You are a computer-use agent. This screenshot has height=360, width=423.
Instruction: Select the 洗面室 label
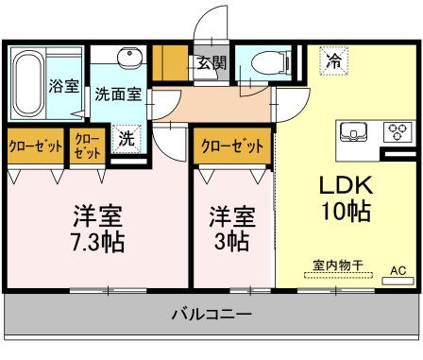(119, 94)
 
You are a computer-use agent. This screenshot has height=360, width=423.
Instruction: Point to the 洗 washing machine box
(126, 136)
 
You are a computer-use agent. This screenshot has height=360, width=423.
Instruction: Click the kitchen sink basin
(354, 131)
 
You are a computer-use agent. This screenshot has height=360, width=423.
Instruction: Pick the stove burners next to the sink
(396, 131)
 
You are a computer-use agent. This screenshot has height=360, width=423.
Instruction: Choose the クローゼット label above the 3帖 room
(232, 146)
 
